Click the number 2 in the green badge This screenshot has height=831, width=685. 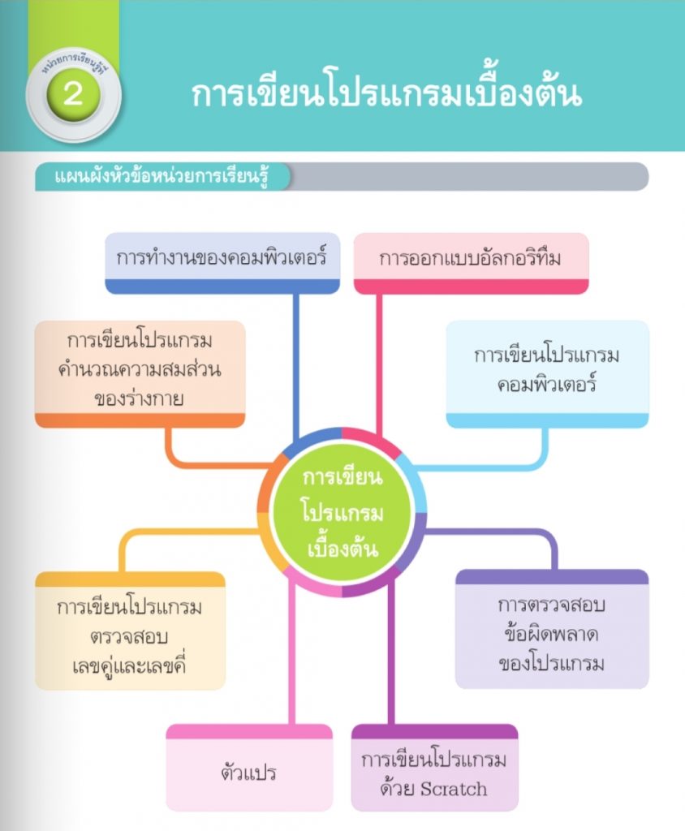(73, 94)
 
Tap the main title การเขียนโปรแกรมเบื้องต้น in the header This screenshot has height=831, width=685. (386, 94)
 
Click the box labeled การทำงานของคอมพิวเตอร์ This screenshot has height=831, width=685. (222, 259)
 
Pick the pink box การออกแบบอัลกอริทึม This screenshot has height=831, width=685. (471, 259)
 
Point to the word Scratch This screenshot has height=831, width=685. (455, 788)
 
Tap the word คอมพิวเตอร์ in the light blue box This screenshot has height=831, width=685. (547, 384)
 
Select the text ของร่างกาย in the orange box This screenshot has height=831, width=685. (139, 398)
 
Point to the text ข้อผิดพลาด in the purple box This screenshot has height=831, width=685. (552, 635)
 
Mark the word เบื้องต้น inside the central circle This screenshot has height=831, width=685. (342, 548)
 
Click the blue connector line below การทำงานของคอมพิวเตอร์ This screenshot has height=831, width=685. (295, 357)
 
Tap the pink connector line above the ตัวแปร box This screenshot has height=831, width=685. (291, 657)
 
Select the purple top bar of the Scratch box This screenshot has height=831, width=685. (434, 731)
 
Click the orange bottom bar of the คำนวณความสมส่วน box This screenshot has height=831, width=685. (140, 420)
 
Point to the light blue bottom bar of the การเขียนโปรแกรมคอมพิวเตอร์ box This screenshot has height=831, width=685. (547, 420)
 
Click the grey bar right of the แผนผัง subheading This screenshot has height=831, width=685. (471, 177)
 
